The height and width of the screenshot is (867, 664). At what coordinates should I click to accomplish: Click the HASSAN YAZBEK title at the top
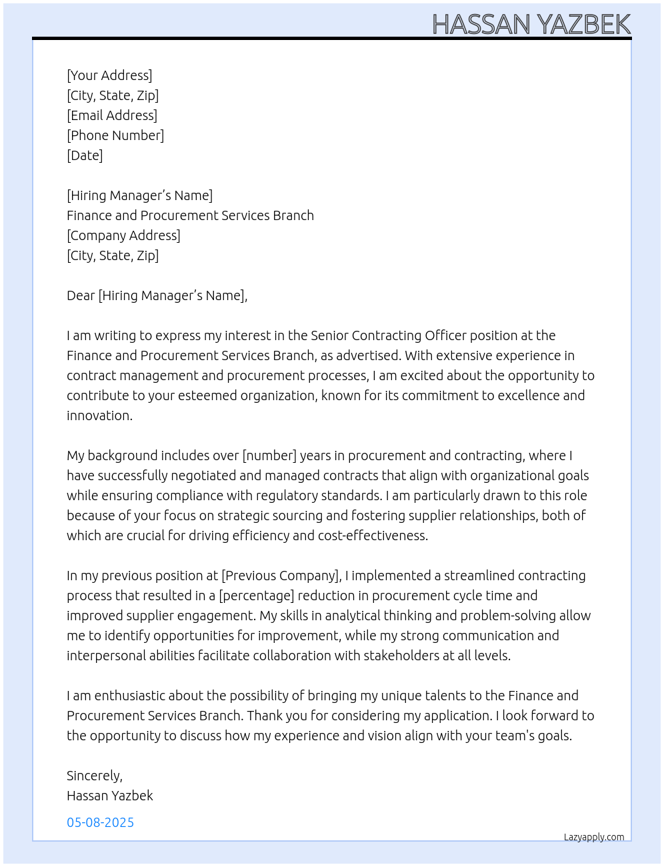click(531, 24)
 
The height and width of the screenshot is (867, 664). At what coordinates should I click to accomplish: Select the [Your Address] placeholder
click(109, 75)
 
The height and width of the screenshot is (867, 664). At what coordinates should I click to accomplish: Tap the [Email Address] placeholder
click(112, 115)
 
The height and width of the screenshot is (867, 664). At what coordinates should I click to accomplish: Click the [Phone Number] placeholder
click(115, 135)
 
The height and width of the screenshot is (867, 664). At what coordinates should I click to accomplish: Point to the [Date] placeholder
click(85, 155)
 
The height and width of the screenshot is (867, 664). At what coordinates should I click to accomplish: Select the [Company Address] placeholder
click(123, 235)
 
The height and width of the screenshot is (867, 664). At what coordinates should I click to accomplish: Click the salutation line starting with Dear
click(157, 295)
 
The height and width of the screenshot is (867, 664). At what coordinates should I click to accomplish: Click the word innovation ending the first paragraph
click(99, 415)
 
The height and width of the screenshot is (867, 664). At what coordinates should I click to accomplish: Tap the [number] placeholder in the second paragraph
click(269, 456)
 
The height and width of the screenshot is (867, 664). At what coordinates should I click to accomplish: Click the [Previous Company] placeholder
click(281, 576)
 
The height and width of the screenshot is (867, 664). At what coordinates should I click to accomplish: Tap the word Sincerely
click(94, 776)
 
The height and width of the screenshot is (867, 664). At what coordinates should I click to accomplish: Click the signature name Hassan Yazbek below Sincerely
click(110, 796)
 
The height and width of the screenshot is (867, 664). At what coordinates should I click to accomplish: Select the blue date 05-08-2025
click(100, 822)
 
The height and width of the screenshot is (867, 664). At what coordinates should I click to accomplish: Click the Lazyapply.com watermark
click(594, 837)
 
